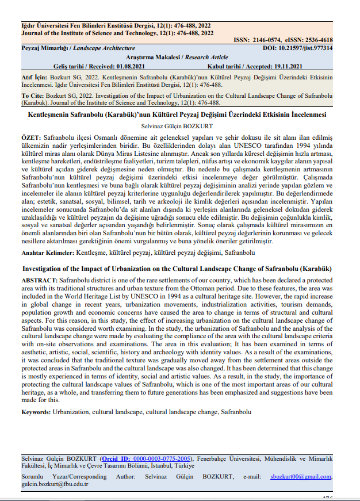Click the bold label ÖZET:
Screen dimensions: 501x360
[31, 139]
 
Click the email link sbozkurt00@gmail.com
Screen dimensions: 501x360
[300, 476]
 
